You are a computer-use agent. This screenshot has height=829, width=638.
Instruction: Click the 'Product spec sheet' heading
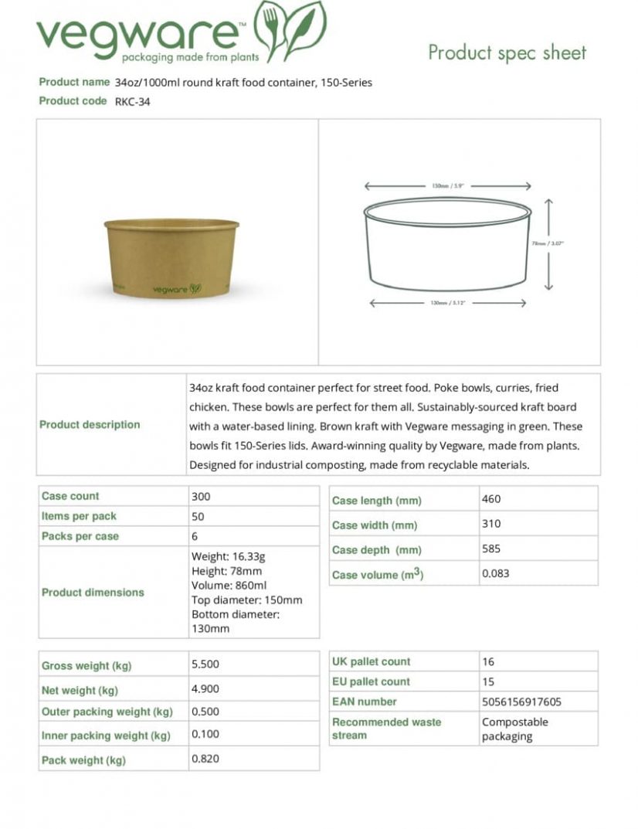[507, 53]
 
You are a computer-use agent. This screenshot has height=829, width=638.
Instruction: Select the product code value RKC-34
[132, 101]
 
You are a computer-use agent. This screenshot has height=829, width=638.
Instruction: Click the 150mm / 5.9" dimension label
[447, 186]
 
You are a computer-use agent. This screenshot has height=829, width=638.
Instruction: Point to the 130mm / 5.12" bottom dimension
[446, 304]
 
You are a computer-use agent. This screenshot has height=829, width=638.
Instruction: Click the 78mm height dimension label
[548, 243]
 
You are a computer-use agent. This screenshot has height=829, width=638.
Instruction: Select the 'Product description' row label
[90, 424]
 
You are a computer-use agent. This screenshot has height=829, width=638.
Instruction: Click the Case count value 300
[201, 496]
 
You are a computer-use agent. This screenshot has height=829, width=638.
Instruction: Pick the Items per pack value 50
[198, 516]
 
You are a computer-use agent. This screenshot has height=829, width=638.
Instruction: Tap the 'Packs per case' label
[80, 536]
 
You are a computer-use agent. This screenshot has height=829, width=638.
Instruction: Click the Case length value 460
[491, 499]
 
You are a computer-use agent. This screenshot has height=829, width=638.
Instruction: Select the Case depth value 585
[491, 549]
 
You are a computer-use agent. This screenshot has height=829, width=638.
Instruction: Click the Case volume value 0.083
[496, 574]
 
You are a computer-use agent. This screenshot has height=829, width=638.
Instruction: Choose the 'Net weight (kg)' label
[80, 690]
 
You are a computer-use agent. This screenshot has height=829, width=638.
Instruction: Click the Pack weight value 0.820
[205, 759]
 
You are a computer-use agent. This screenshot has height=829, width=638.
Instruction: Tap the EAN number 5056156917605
[521, 702]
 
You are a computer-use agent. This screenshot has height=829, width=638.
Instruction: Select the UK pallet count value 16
[488, 661]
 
